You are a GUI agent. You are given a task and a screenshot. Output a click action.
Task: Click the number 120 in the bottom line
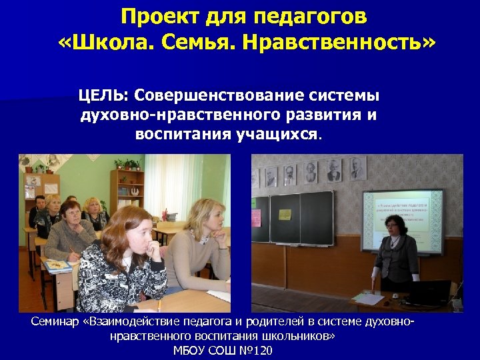pyautogui.click(x=263, y=351)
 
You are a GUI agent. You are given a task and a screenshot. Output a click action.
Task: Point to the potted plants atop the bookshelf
pyautogui.click(x=127, y=163)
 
